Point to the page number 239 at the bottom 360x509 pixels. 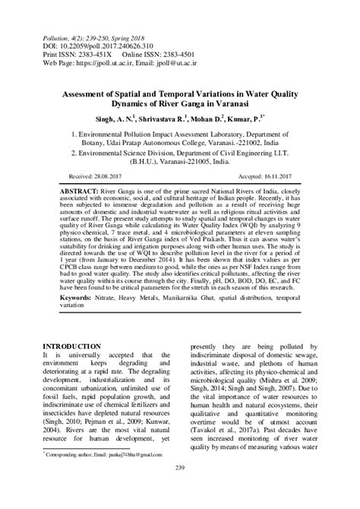180,487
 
